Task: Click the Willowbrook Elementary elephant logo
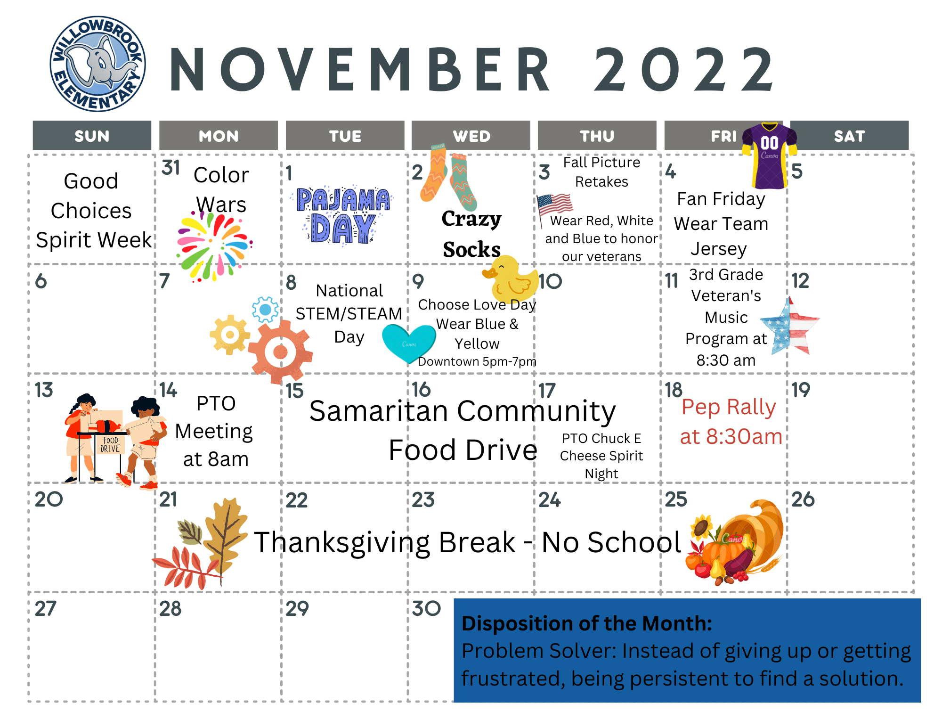[98, 65]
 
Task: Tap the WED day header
[471, 136]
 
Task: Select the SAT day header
[849, 136]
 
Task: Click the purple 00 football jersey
[769, 155]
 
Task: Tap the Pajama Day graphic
[343, 215]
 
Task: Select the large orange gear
[280, 352]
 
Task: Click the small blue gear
[265, 310]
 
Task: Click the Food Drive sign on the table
[110, 444]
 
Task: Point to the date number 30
[426, 608]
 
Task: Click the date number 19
[801, 390]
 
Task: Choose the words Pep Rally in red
[729, 408]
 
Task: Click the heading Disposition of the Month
[586, 623]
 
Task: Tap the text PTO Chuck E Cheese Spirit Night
[601, 456]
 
